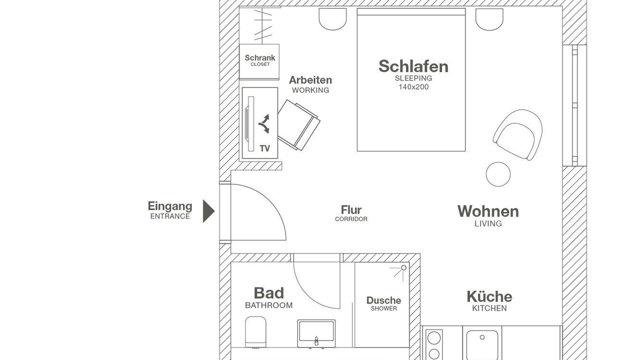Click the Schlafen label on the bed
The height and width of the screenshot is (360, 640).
(413, 66)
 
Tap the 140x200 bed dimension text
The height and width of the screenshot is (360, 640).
(413, 87)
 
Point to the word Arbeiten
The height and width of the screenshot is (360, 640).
(310, 80)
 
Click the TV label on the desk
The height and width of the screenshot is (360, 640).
(265, 148)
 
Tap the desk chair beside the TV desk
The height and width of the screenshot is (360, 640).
(298, 125)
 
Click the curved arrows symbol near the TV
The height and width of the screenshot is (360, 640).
(264, 123)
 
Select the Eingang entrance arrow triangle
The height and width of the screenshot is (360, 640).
(208, 211)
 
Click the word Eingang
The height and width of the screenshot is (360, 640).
(170, 206)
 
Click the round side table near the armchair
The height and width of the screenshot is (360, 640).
(498, 174)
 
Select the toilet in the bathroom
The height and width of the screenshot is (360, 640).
(255, 332)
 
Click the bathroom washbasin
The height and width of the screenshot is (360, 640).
(316, 333)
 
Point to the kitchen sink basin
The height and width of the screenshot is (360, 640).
(482, 345)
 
